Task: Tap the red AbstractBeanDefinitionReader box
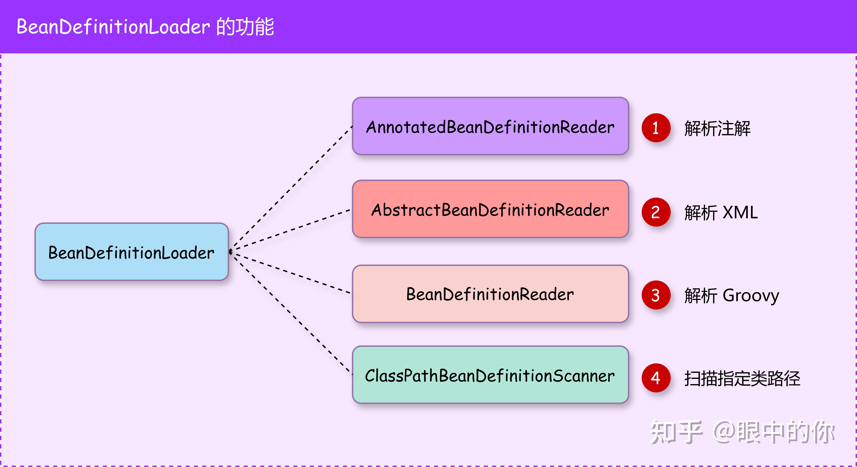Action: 490,209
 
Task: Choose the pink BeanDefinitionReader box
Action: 490,294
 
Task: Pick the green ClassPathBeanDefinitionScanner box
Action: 490,375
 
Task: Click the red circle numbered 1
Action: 656,128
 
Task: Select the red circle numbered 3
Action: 656,295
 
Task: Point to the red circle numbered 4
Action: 656,378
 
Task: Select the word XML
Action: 740,212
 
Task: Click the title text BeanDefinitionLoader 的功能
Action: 145,27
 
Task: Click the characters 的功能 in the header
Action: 245,27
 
